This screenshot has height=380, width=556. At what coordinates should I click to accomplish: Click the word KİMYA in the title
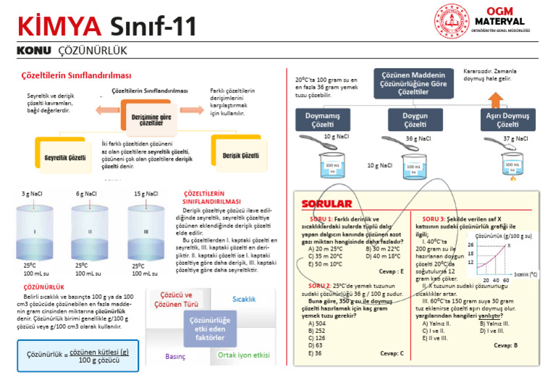(59, 28)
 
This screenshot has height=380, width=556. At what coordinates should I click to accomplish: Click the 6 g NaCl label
(86, 194)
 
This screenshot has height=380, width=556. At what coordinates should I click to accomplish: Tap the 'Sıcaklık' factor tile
(244, 298)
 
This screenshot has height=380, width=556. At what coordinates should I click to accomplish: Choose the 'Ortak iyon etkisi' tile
(243, 355)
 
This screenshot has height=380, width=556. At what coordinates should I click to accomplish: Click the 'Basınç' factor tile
(176, 356)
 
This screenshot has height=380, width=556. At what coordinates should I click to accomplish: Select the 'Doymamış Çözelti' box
(321, 120)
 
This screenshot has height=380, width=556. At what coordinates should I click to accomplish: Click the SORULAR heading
(326, 204)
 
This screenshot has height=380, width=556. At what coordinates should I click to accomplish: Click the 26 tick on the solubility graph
(471, 245)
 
